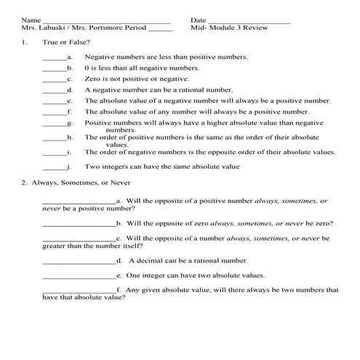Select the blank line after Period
160,31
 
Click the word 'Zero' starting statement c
92,79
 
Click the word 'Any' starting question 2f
134,290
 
